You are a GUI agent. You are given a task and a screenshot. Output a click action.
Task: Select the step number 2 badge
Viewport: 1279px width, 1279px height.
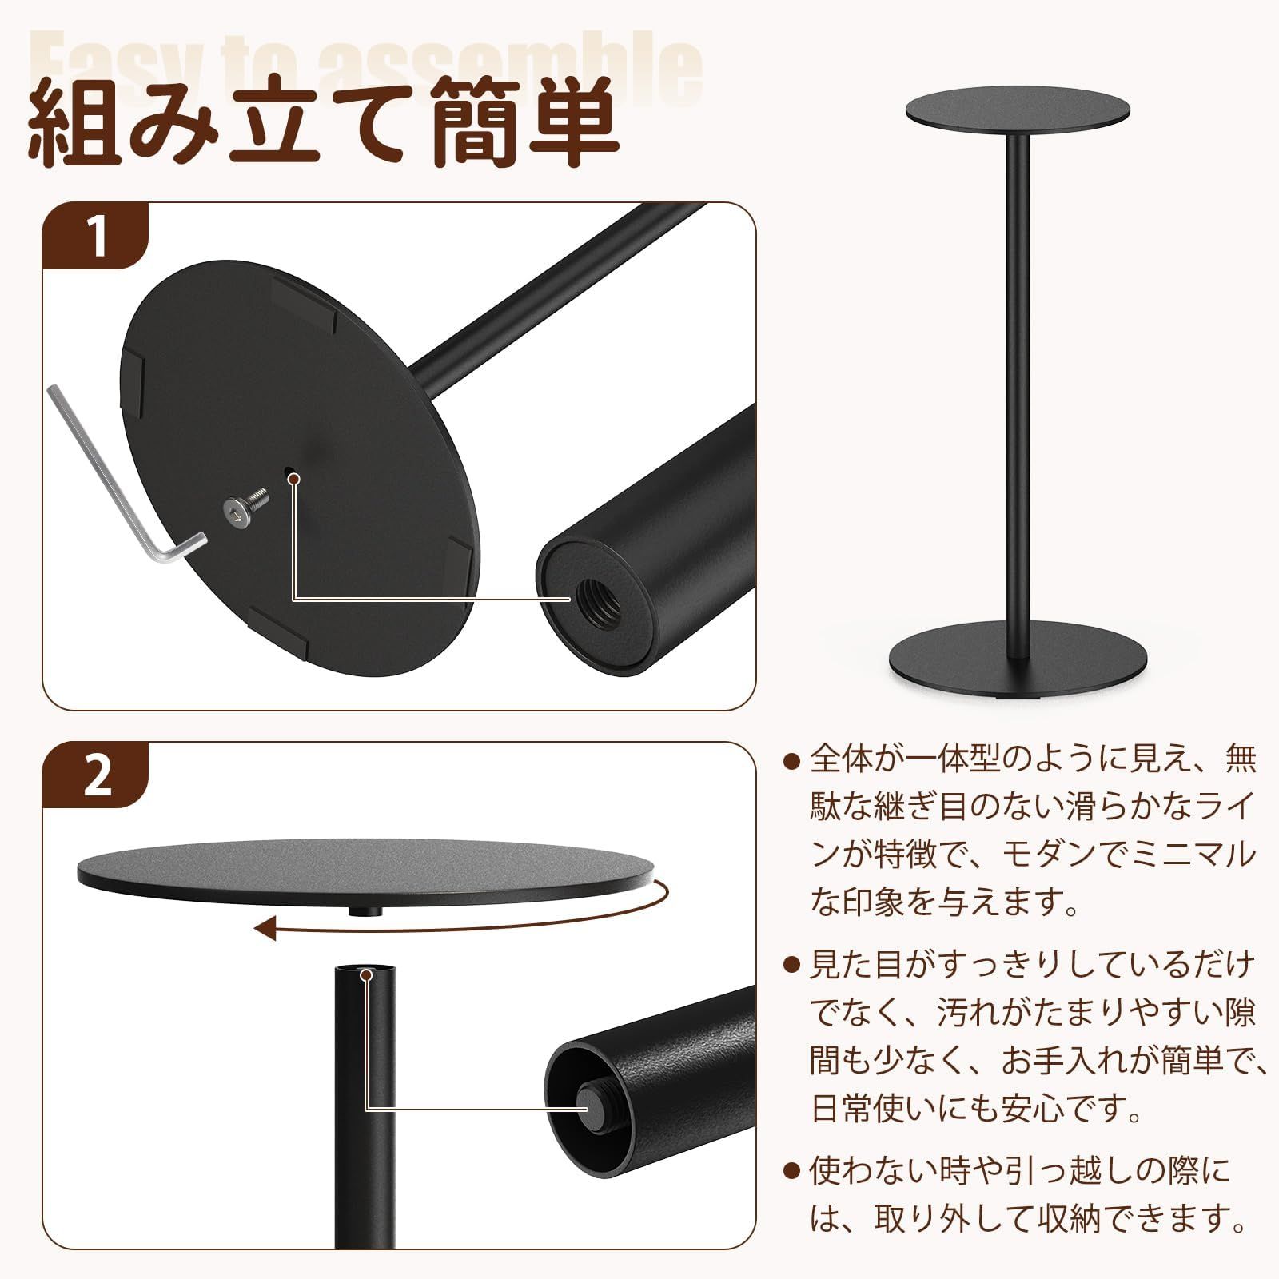(97, 775)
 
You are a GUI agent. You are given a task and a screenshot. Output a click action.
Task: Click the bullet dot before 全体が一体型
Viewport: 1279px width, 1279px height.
(791, 761)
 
